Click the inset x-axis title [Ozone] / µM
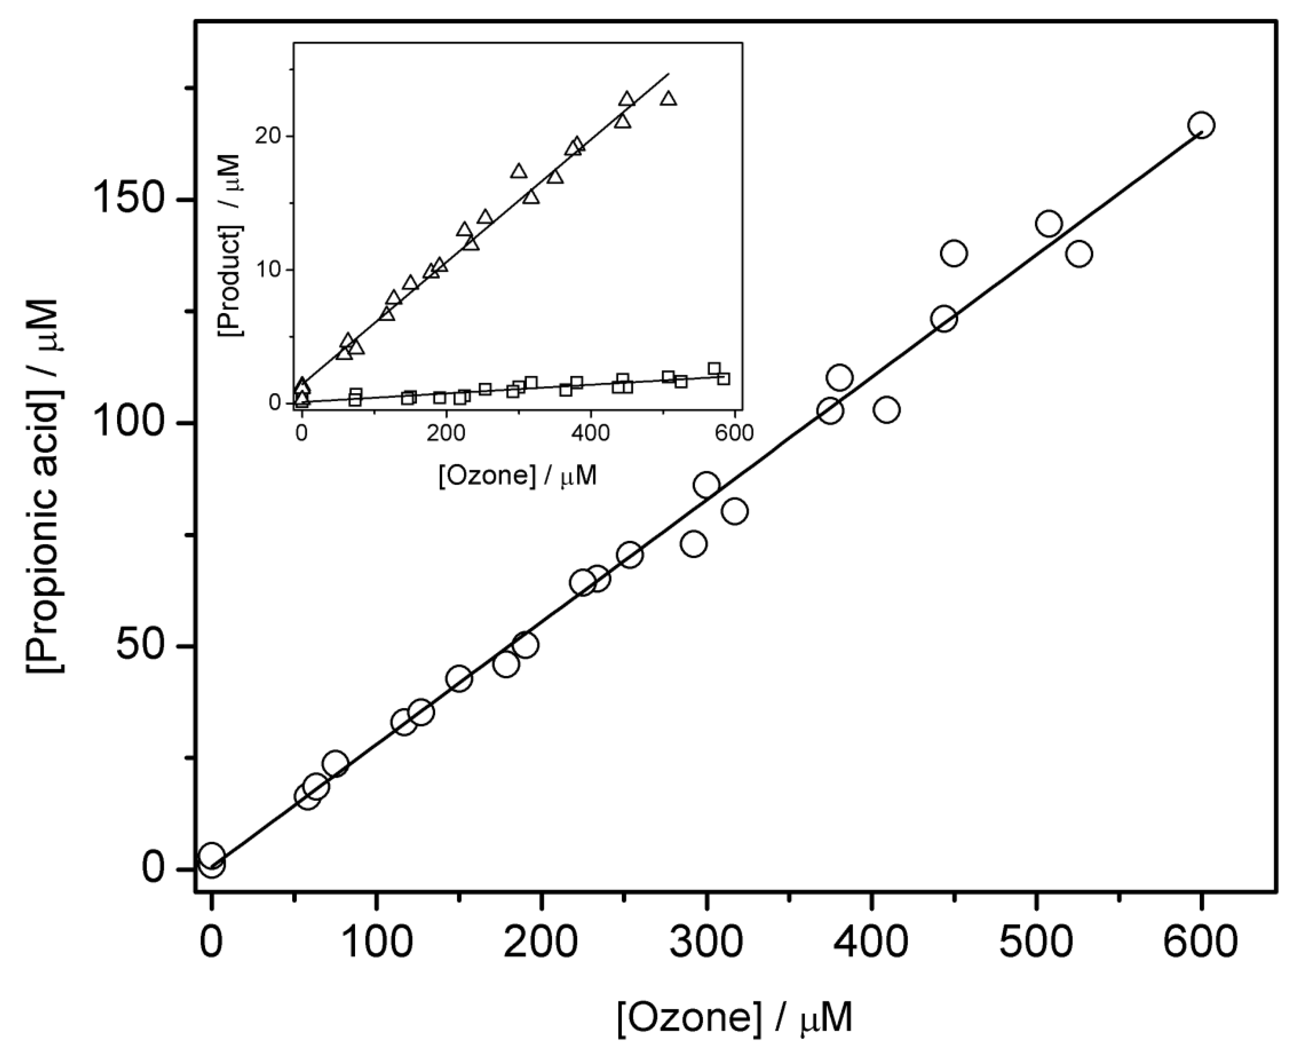coord(517,475)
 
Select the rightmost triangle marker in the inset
coord(669,99)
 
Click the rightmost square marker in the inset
coord(723,379)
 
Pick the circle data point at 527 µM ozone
coord(1079,253)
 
